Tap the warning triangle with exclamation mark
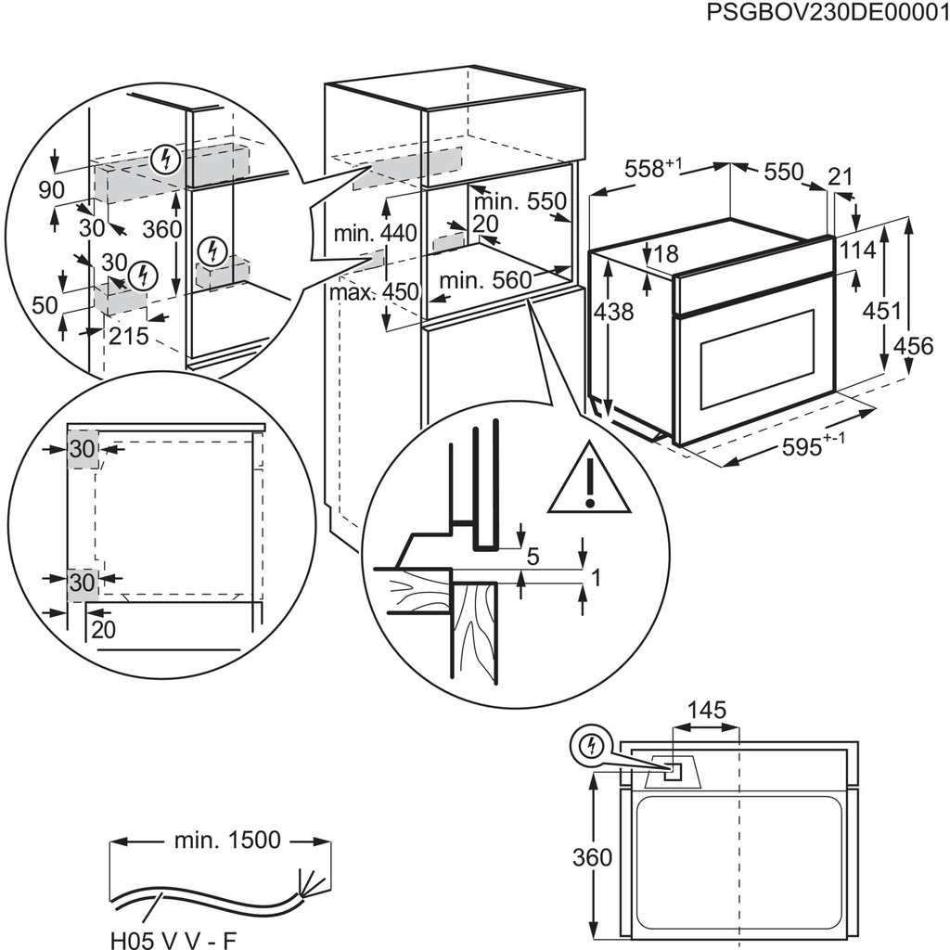[588, 481]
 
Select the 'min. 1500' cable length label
[226, 841]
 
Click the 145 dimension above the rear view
[707, 712]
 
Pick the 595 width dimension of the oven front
[815, 446]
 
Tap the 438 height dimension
[613, 313]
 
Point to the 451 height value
[882, 311]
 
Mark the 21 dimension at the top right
[840, 176]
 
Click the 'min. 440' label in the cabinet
[364, 234]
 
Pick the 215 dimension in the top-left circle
[128, 337]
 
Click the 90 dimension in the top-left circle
[52, 189]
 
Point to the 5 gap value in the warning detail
[532, 558]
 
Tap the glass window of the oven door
[756, 360]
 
